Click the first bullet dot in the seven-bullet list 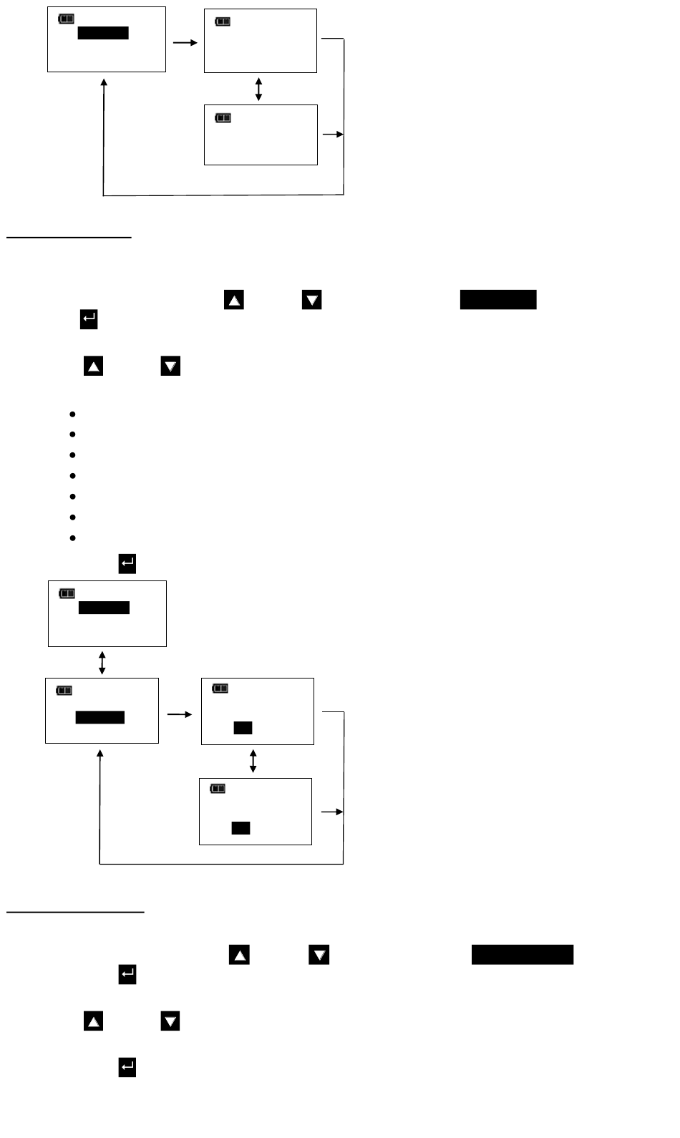coord(73,414)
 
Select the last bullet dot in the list coord(73,538)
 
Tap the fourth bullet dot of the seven coord(73,475)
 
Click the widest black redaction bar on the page coord(522,955)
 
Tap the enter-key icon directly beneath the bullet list coord(127,564)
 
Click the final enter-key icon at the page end coord(127,1068)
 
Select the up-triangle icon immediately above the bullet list coord(94,366)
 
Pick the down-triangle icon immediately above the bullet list coord(170,366)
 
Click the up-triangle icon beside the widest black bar coord(239,955)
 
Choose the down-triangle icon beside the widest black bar coord(319,955)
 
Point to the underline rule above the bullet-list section coord(69,236)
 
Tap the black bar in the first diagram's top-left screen coord(103,33)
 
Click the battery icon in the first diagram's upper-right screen coord(223,22)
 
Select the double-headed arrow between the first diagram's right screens coord(258,89)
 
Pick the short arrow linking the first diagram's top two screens coord(185,43)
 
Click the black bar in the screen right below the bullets coord(104,608)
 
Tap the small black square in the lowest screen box coord(241,828)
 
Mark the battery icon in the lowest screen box coord(218,789)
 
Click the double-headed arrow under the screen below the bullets coord(102,663)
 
